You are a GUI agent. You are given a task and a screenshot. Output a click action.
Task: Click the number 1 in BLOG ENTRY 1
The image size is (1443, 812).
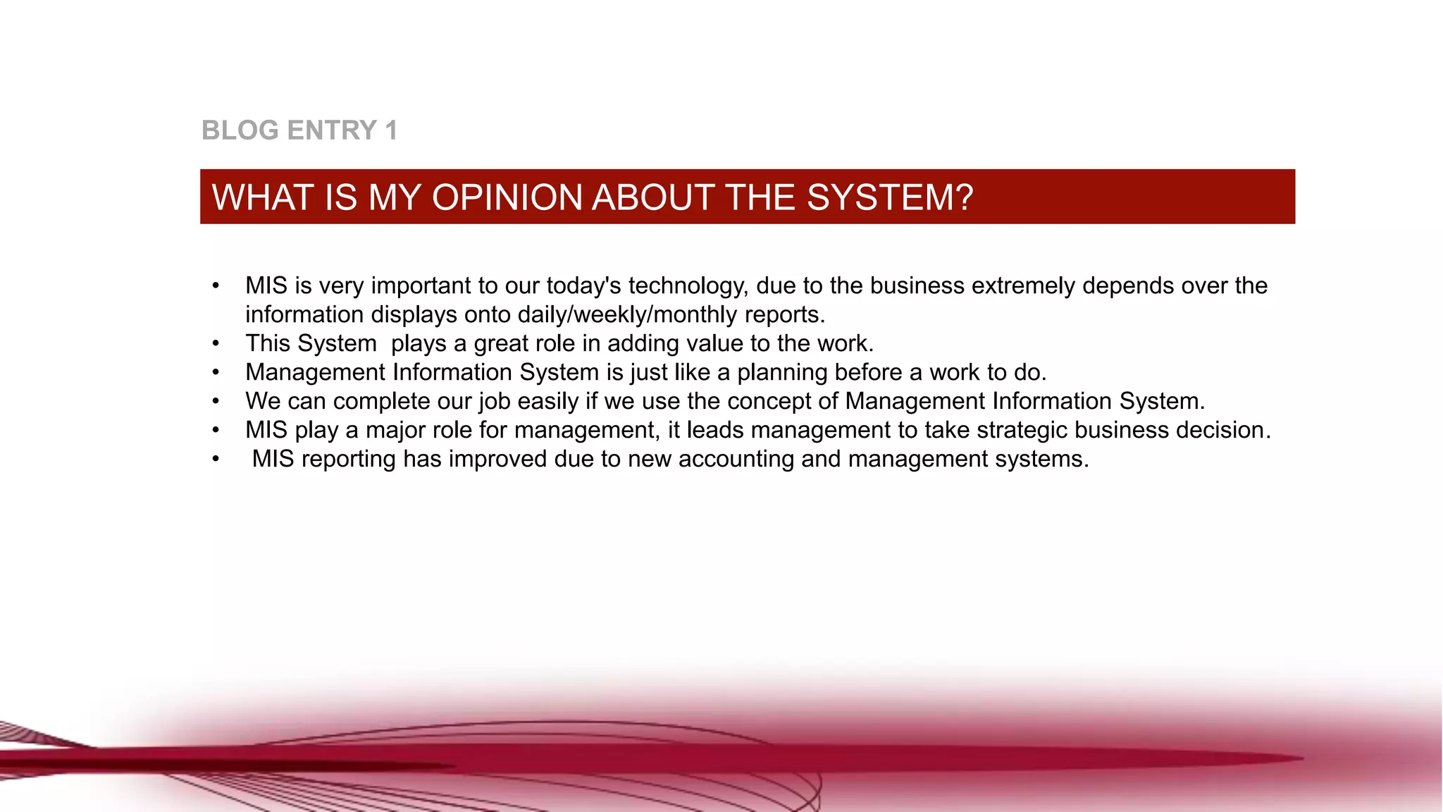tap(391, 130)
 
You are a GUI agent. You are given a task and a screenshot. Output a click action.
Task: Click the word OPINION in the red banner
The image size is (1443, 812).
tap(508, 197)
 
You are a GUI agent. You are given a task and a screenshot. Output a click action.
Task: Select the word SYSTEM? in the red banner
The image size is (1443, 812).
tap(890, 197)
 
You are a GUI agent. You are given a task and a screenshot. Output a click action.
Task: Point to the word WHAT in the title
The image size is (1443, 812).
tap(263, 197)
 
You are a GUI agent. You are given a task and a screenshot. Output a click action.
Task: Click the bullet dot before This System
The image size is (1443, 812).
tap(216, 344)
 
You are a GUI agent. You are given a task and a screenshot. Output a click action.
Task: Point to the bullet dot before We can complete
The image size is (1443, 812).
tap(216, 402)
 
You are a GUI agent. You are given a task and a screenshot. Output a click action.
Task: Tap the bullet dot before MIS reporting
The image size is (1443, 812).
tap(216, 460)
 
